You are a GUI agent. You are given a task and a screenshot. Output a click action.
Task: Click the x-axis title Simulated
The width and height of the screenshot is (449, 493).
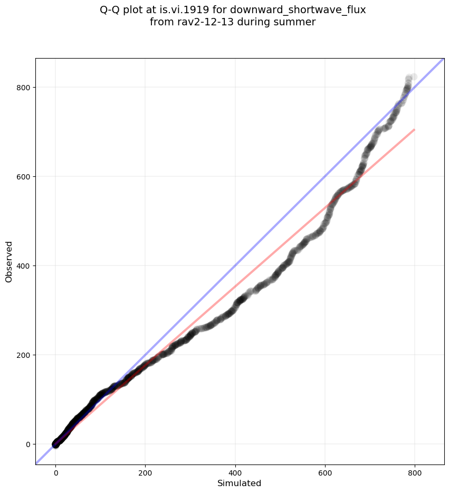(240, 483)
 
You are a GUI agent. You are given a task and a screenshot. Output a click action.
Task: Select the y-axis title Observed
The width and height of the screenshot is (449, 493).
(9, 261)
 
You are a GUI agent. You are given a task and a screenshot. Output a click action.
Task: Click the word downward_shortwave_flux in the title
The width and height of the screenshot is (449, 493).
(298, 10)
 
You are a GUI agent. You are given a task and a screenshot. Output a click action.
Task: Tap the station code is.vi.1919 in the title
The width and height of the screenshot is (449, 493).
(187, 10)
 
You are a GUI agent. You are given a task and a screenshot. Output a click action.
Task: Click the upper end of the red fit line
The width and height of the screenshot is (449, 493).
(414, 129)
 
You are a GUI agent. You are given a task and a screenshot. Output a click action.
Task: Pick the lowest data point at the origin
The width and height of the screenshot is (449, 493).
(55, 444)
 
